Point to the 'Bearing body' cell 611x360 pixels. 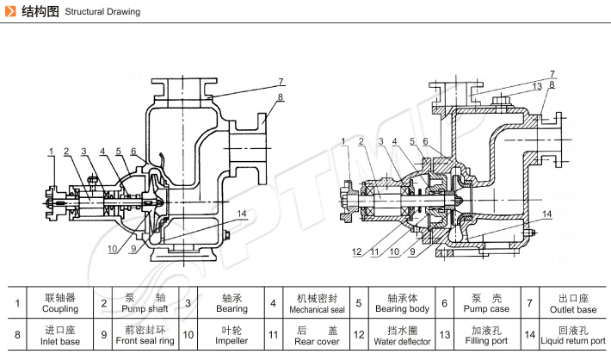402,303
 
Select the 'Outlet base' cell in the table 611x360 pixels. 572,303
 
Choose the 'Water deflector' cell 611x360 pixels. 402,335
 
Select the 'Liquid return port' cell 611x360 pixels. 572,335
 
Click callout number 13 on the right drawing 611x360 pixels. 535,86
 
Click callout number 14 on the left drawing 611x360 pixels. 243,214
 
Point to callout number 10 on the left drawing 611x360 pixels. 112,249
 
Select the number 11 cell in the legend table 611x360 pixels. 273,335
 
